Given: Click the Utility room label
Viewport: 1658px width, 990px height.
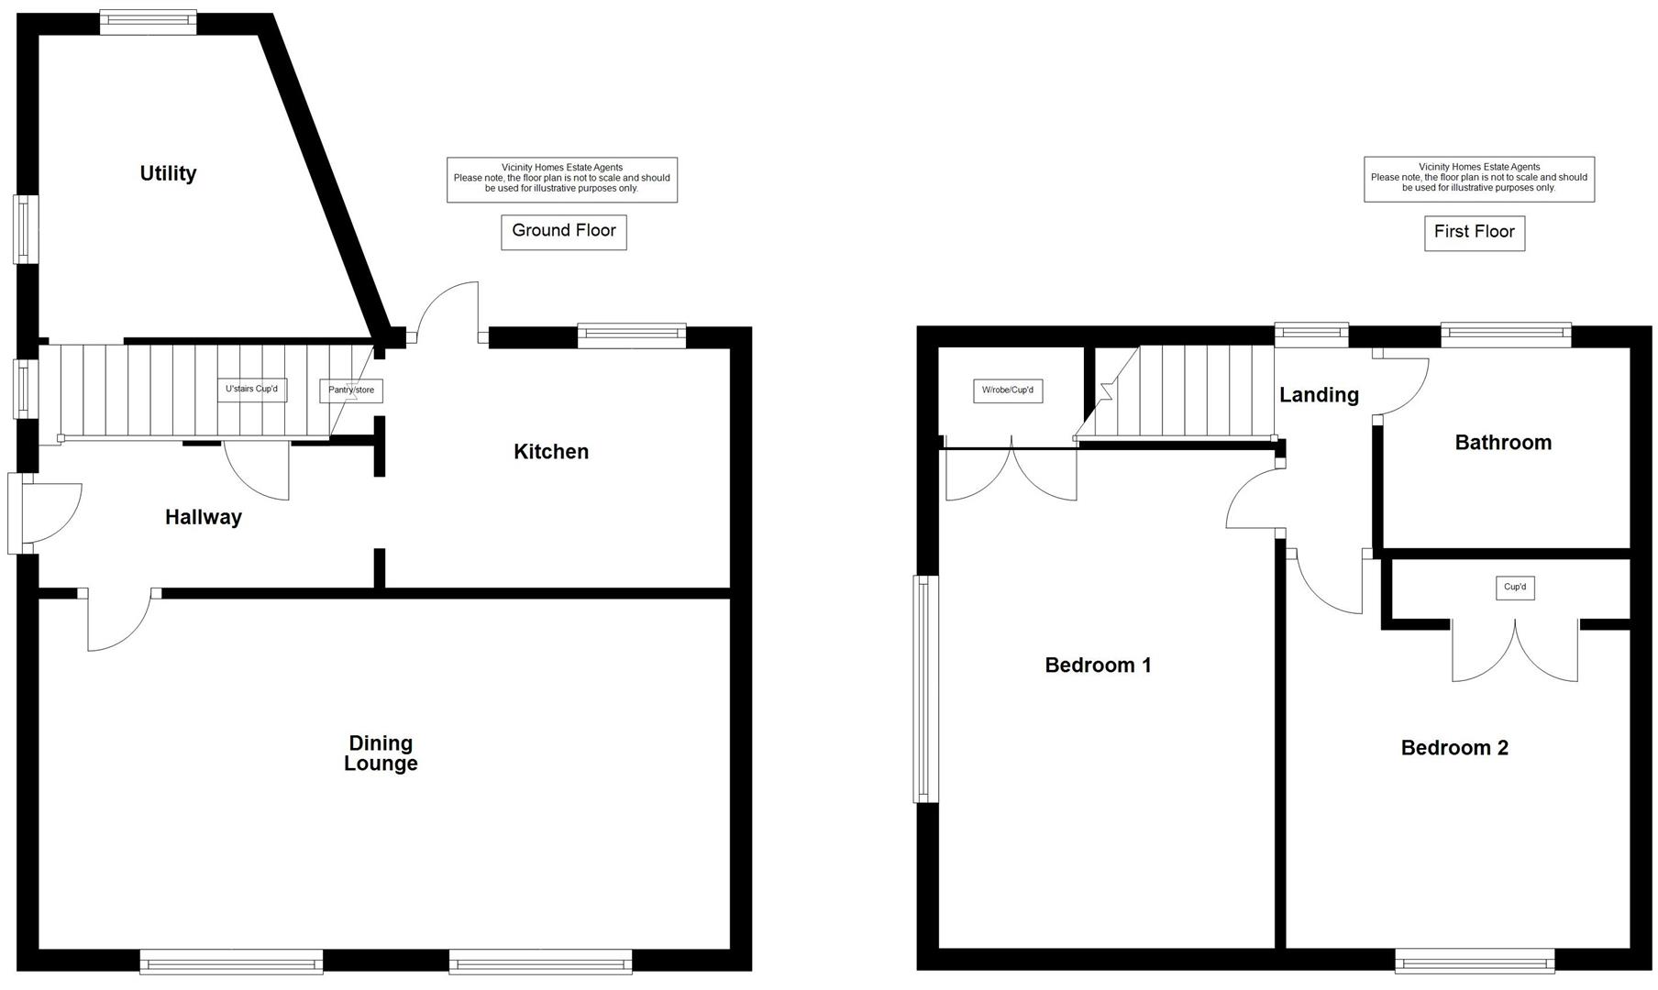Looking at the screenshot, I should (x=168, y=173).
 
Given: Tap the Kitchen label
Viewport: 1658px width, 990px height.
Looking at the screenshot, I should (x=550, y=451).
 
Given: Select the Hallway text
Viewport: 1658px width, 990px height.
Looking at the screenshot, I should (x=203, y=517).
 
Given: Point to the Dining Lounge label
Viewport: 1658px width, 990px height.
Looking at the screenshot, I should (x=381, y=753).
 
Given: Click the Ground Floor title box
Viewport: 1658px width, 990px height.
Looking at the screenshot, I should (x=563, y=231).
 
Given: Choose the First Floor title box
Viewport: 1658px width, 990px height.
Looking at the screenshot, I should (x=1474, y=232).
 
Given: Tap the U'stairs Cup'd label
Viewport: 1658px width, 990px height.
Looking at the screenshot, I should (x=251, y=390).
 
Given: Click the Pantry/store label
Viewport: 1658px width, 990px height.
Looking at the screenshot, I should (x=351, y=390).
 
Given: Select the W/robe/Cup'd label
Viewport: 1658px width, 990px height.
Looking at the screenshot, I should (x=1007, y=390).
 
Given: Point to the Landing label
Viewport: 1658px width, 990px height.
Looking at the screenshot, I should (x=1319, y=395).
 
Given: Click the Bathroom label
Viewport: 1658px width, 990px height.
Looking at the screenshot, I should (x=1503, y=443).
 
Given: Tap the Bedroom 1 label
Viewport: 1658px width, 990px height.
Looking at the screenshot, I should (x=1098, y=665).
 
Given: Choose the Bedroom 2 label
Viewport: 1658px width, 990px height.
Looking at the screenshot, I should (x=1454, y=748).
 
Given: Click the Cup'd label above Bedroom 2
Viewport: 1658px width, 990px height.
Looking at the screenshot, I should (x=1515, y=588).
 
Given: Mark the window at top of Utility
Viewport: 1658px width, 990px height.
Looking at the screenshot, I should (x=148, y=22).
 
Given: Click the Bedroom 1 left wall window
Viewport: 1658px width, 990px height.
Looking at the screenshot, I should (x=925, y=688).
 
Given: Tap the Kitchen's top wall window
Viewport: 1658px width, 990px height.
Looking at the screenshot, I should (x=632, y=335).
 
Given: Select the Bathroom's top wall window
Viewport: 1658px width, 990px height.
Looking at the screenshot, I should (x=1506, y=335).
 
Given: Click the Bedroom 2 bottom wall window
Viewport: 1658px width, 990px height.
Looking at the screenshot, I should (x=1474, y=961).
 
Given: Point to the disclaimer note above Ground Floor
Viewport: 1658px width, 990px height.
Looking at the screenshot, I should (x=561, y=179).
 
